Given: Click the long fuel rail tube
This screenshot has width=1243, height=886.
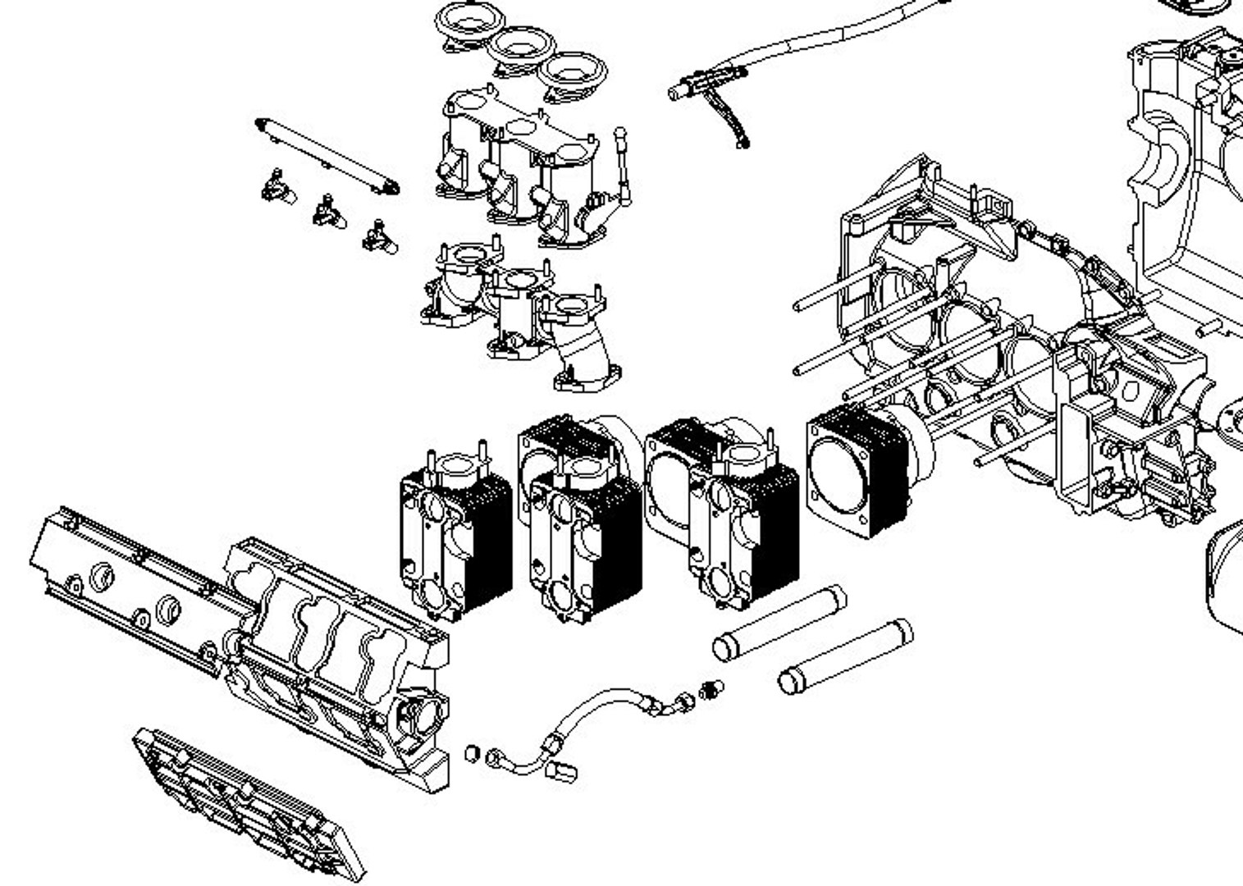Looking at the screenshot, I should click(328, 156).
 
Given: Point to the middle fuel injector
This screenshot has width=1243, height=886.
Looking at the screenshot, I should click(327, 212).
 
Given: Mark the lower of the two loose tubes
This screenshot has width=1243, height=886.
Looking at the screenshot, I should click(845, 656).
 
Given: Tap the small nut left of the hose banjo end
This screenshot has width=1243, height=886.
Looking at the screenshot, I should click(473, 751).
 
